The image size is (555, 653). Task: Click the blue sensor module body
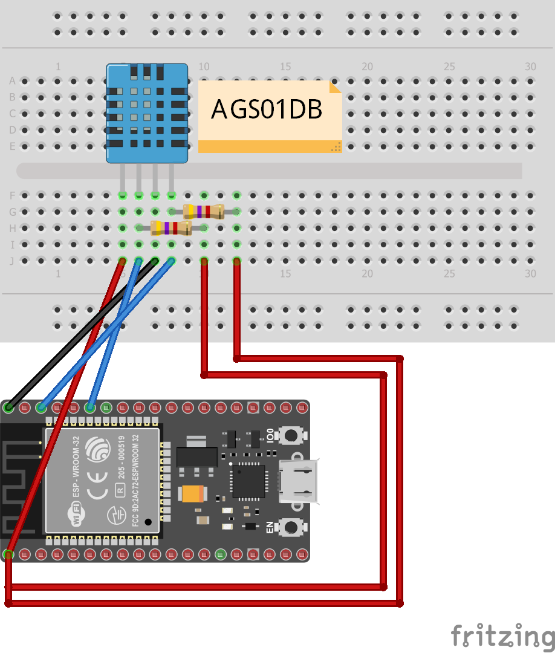(x=147, y=121)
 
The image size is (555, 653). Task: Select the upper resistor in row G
(x=204, y=212)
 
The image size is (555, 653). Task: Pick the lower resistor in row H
(x=170, y=228)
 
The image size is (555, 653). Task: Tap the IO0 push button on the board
(x=293, y=435)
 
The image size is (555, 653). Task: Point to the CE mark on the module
(x=97, y=493)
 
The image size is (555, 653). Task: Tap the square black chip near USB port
(x=248, y=481)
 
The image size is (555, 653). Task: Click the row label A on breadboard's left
(x=12, y=80)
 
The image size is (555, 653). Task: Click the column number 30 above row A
(x=530, y=67)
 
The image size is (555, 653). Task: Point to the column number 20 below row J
(x=367, y=273)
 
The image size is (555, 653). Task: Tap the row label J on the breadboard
(x=12, y=261)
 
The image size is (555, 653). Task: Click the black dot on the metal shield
(x=148, y=521)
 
